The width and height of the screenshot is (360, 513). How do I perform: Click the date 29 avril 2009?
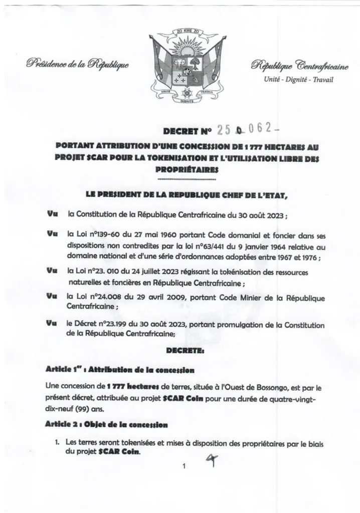(153, 298)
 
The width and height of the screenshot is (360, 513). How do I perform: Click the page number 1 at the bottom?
(185, 467)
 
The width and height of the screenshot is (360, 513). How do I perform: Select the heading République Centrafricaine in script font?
(296, 65)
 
